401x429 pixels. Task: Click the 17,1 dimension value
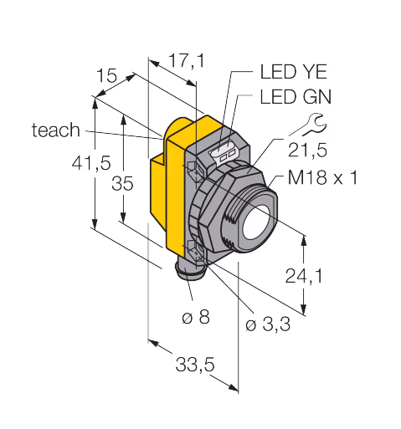(187, 61)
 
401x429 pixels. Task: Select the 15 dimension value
(106, 75)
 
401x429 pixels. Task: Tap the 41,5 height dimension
(91, 163)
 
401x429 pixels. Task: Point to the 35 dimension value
(122, 184)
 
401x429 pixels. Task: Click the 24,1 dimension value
(304, 276)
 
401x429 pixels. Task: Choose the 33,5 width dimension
(195, 365)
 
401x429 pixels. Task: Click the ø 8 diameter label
(196, 317)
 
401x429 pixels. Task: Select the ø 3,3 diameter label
(268, 324)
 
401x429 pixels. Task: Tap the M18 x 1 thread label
(322, 177)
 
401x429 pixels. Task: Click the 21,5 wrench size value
(307, 151)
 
